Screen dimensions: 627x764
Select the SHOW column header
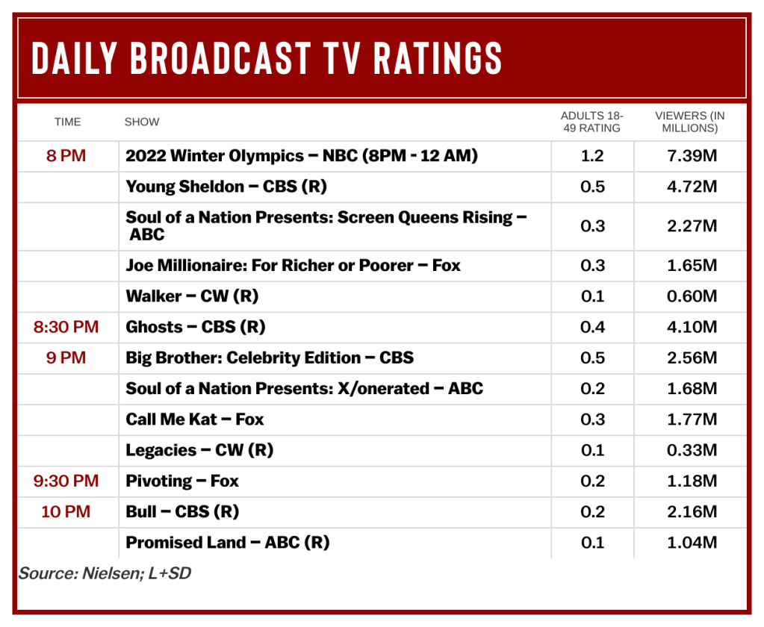pyautogui.click(x=142, y=122)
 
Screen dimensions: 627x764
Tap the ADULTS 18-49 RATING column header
pyautogui.click(x=591, y=122)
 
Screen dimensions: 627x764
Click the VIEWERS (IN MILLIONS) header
pyautogui.click(x=689, y=122)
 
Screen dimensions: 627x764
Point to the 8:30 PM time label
pyautogui.click(x=66, y=327)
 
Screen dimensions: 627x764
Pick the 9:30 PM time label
pyautogui.click(x=66, y=481)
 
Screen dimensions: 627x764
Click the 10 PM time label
pyautogui.click(x=66, y=511)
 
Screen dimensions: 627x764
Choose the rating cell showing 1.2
pyautogui.click(x=592, y=156)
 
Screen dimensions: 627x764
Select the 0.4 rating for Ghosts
pyautogui.click(x=592, y=327)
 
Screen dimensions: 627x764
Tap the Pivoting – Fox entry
pyautogui.click(x=182, y=481)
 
